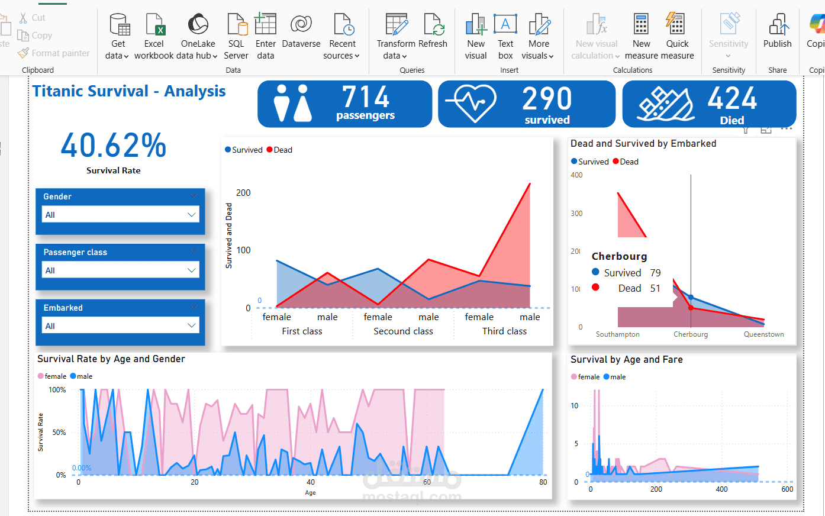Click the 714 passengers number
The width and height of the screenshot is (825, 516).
366,97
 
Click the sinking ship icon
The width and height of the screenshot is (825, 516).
666,104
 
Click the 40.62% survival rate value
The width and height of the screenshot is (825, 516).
114,146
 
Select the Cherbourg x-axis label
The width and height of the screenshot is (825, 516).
691,334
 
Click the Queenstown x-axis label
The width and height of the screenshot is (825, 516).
763,334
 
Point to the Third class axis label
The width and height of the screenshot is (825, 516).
504,331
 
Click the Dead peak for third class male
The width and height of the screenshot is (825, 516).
530,184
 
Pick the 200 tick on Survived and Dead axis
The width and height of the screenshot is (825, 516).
243,193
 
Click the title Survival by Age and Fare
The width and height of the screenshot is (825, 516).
626,360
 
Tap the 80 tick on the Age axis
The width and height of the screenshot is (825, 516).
543,482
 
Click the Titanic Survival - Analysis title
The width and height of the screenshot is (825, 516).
129,91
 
